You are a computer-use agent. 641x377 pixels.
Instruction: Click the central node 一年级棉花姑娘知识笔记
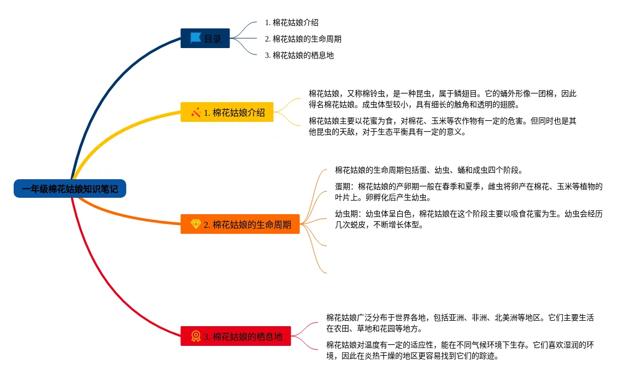point(70,188)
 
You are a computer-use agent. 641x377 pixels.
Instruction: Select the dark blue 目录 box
point(205,38)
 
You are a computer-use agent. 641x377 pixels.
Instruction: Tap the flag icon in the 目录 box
point(195,38)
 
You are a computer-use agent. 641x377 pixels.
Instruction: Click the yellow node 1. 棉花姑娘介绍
point(227,113)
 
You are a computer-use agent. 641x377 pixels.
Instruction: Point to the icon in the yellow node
point(196,113)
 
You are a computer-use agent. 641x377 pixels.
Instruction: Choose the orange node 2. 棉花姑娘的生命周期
point(240,224)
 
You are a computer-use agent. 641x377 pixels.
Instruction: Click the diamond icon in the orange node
point(196,224)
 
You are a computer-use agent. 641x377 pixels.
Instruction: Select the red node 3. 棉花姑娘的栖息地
point(236,336)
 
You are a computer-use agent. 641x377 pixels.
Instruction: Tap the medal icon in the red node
point(196,336)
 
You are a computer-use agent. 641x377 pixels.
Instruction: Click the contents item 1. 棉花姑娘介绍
point(291,23)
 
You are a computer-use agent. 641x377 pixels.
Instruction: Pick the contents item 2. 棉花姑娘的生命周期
point(303,39)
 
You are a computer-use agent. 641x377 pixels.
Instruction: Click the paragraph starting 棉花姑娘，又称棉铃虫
point(442,99)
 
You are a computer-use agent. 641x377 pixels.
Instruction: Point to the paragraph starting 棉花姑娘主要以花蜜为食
point(442,126)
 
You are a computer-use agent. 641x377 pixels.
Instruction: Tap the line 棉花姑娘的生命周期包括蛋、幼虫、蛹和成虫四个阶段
point(429,170)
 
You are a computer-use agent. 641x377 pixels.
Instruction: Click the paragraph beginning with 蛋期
point(468,192)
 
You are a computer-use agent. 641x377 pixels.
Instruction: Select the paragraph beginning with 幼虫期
point(468,219)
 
